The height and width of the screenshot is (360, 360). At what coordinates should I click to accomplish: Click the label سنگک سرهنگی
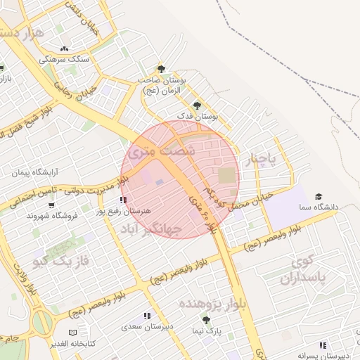pos(64,60)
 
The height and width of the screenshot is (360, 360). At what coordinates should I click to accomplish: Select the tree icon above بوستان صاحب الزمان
pos(161,69)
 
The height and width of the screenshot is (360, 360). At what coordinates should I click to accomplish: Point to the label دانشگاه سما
pos(319,208)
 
